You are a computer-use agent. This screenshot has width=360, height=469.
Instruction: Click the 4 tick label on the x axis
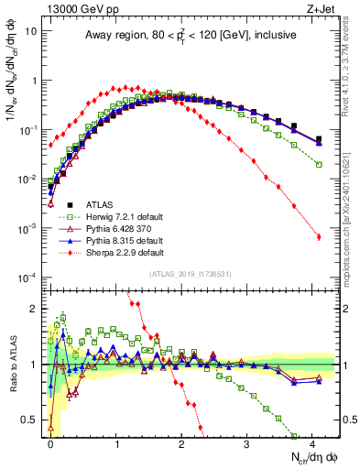coord(311,442)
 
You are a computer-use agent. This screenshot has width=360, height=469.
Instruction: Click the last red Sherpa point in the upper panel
coord(319,237)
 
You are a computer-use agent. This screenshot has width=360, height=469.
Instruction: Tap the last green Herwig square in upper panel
coord(319,164)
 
